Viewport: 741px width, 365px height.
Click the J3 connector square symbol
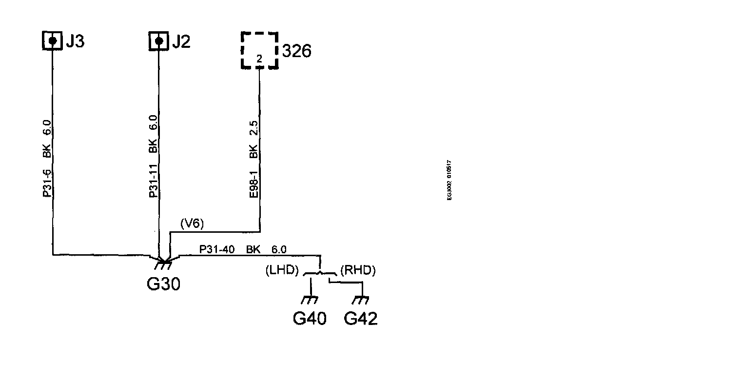point(52,41)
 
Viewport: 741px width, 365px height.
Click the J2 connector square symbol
point(158,41)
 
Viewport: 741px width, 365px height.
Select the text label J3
point(75,42)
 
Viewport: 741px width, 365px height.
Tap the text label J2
point(181,42)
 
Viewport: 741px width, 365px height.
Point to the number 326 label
point(296,51)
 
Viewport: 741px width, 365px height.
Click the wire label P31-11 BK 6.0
point(153,156)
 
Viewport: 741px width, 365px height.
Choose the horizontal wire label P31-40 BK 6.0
point(242,250)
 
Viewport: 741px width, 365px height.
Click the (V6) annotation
point(192,224)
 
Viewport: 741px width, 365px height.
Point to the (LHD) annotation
point(282,270)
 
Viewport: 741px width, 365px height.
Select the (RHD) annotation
point(358,270)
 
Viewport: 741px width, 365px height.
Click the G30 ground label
point(163,284)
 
